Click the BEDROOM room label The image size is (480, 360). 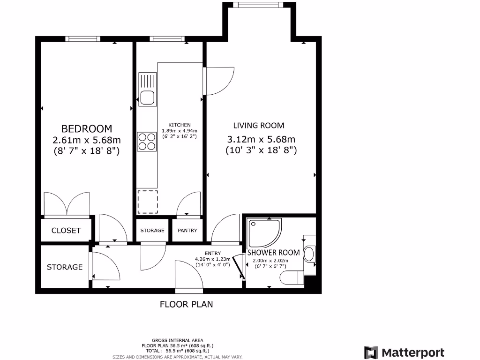point(87,128)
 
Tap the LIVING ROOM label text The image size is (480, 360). point(259,125)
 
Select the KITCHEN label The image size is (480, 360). point(180,125)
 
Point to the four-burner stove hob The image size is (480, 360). point(147,141)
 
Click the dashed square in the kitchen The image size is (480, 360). point(147,202)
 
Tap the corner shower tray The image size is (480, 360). point(264,233)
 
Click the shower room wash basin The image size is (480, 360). point(309,255)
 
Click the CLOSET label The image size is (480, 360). point(66,231)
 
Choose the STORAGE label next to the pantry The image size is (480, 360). point(152,231)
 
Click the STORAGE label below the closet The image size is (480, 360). point(64,267)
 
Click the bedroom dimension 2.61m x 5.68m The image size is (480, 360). point(87,140)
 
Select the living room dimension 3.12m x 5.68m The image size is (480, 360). point(261,139)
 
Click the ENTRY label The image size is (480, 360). point(212,254)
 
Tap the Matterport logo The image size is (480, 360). point(404,352)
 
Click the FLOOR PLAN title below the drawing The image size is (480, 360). point(186,304)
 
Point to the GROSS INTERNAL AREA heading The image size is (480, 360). point(171,340)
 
